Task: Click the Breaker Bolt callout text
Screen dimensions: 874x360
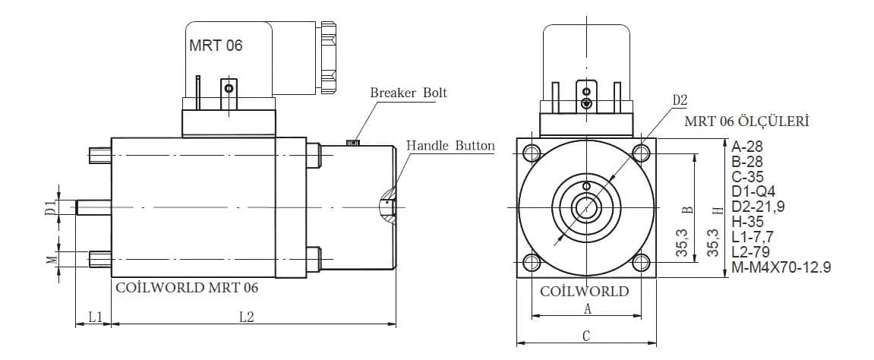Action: point(409,93)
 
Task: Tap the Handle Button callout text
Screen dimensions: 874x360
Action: point(450,146)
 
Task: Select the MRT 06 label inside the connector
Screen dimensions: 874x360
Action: point(216,46)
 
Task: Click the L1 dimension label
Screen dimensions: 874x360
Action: point(96,317)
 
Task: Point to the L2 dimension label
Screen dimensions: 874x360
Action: point(246,317)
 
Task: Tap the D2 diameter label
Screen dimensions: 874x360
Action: point(680,100)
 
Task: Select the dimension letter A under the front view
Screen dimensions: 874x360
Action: point(587,309)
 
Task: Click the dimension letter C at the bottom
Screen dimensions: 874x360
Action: point(586,336)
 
